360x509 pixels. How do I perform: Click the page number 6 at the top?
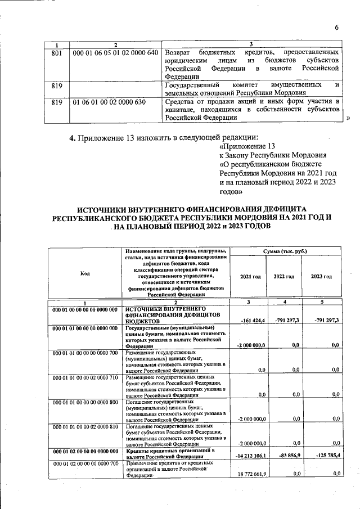[x=336, y=28]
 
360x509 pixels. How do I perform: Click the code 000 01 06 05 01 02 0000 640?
[x=115, y=52]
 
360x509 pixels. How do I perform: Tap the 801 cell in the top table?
[x=56, y=52]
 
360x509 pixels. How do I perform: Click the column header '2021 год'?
[x=250, y=277]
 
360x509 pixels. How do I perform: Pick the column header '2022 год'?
[x=284, y=277]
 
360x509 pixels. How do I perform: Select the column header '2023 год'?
[x=321, y=277]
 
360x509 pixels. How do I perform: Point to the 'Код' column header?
[x=85, y=273]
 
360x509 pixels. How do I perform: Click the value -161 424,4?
[x=251, y=319]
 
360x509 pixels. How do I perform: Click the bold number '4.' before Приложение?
[x=72, y=136]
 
